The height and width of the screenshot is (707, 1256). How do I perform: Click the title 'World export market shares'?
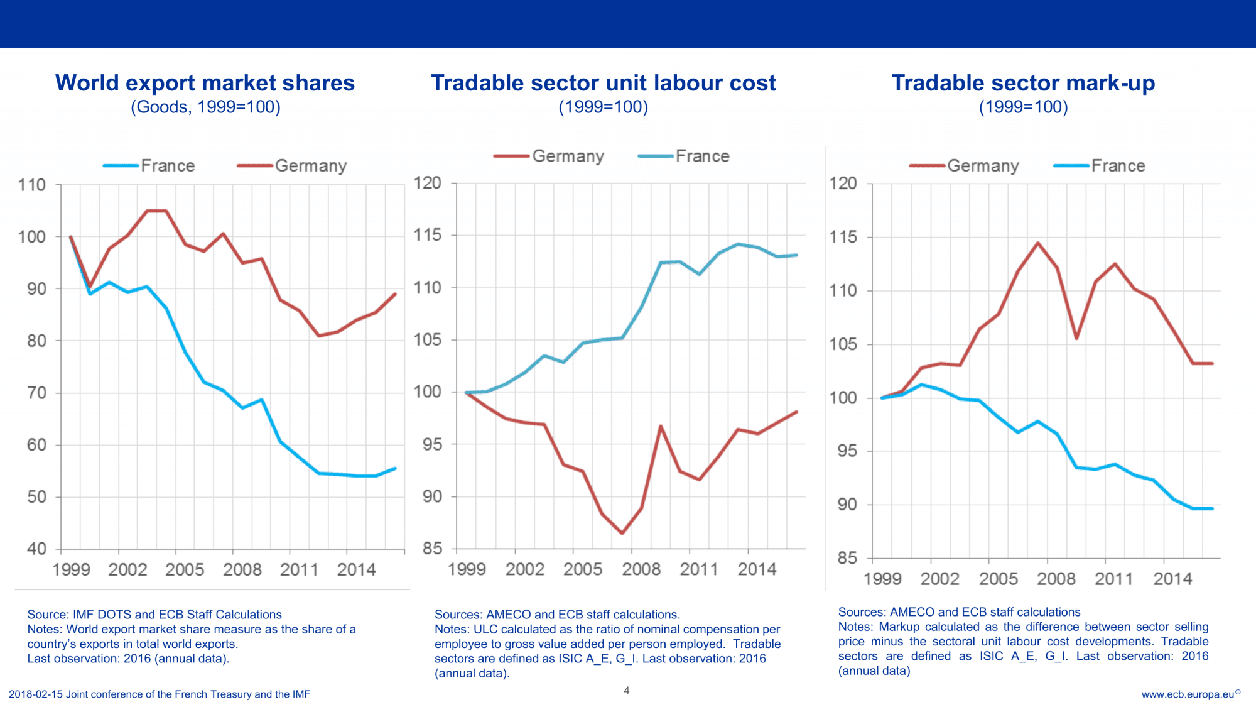pyautogui.click(x=205, y=83)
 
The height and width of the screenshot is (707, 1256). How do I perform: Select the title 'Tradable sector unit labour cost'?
pyautogui.click(x=603, y=83)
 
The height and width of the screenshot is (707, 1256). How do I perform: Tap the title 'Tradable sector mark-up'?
pyautogui.click(x=1023, y=83)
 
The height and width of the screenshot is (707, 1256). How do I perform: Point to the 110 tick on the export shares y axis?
pyautogui.click(x=32, y=185)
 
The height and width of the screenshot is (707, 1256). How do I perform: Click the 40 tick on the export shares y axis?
pyautogui.click(x=36, y=549)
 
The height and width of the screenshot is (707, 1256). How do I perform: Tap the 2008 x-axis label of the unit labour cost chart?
pyautogui.click(x=641, y=569)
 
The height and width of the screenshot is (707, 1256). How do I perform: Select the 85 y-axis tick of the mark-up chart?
pyautogui.click(x=847, y=558)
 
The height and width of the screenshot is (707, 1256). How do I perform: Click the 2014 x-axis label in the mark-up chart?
pyautogui.click(x=1172, y=579)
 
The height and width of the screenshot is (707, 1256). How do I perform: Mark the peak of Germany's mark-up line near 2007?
pyautogui.click(x=1037, y=243)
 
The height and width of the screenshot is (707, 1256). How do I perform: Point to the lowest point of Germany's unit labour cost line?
pyautogui.click(x=622, y=533)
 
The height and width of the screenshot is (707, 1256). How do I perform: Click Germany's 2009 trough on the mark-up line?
pyautogui.click(x=1076, y=338)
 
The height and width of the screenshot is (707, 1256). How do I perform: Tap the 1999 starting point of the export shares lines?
pyautogui.click(x=70, y=237)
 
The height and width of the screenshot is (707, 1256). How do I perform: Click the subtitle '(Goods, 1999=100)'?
pyautogui.click(x=205, y=107)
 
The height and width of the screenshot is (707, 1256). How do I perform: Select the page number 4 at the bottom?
pyautogui.click(x=626, y=691)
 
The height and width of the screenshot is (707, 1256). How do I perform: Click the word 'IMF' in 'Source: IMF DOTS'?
pyautogui.click(x=83, y=615)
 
